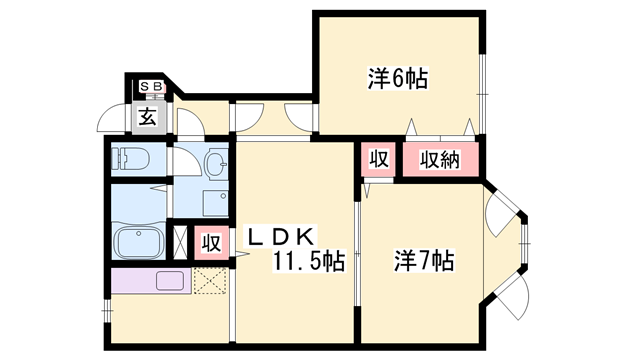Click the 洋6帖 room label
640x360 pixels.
point(398,78)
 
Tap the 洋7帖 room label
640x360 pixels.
point(424,260)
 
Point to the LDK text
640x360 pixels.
point(280,236)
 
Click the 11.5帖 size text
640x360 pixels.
point(309,261)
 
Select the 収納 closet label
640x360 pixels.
point(440,159)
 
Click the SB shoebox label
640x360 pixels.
point(151,87)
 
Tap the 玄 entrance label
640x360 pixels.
point(148,117)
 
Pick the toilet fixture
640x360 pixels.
point(131,158)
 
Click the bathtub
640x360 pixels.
point(139,242)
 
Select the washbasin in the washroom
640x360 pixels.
point(216,164)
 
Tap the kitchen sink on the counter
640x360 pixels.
point(169,280)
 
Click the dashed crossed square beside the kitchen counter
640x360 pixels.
point(210,280)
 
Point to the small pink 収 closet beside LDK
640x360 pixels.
point(211,243)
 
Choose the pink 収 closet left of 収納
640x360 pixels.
point(378,159)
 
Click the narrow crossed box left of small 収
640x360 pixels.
point(180,242)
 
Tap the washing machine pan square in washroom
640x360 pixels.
point(216,203)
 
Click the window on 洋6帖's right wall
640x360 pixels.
point(482,94)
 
